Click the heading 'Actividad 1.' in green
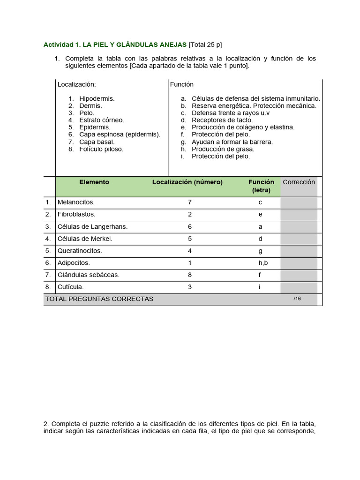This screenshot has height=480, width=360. (x=62, y=45)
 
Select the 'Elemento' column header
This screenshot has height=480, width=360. (x=94, y=182)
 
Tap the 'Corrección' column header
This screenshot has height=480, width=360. (x=299, y=182)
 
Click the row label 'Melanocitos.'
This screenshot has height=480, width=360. (x=76, y=202)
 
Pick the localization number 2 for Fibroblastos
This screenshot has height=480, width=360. (x=190, y=215)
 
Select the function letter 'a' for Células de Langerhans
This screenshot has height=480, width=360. (x=260, y=227)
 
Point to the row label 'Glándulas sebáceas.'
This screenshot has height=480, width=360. (x=88, y=275)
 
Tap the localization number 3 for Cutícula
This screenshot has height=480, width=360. (x=190, y=287)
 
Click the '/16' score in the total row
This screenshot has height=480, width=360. (x=297, y=299)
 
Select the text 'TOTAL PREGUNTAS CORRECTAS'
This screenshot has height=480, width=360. (x=99, y=299)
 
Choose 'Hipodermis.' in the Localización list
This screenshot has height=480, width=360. (x=97, y=99)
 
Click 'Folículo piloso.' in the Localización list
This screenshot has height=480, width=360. (x=101, y=149)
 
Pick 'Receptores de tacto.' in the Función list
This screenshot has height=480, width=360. (x=222, y=120)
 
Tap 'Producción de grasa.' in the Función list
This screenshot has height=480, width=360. (x=223, y=149)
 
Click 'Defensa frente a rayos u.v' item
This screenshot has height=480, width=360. (x=231, y=113)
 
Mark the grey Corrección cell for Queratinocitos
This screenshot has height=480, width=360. (x=299, y=251)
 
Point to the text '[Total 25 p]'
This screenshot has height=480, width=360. (x=205, y=45)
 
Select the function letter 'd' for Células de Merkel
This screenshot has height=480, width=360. (x=260, y=239)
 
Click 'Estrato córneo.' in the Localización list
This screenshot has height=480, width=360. (x=102, y=120)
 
